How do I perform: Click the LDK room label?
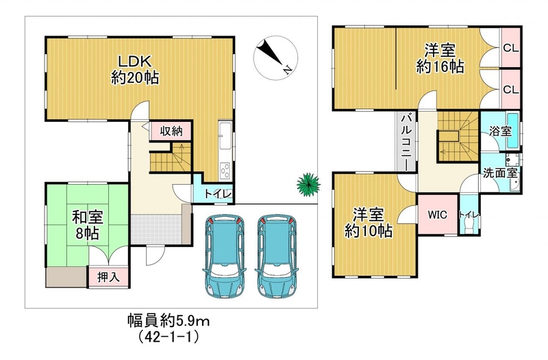tap(134, 70)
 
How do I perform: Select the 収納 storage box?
tap(171, 131)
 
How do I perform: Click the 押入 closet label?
tap(108, 277)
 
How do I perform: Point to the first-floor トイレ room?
tap(213, 192)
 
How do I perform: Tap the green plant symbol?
tap(308, 184)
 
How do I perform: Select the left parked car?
tap(225, 256)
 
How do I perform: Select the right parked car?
tap(277, 256)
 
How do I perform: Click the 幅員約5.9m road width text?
tap(168, 320)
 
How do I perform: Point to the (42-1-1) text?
tap(169, 337)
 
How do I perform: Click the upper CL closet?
tap(511, 48)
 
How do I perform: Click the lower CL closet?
tap(511, 89)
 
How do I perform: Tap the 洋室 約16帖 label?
tap(440, 58)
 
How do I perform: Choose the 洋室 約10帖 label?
tap(369, 222)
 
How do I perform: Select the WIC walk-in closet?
tap(438, 214)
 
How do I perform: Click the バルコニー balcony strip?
tap(407, 142)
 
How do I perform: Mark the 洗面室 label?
tap(500, 173)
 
